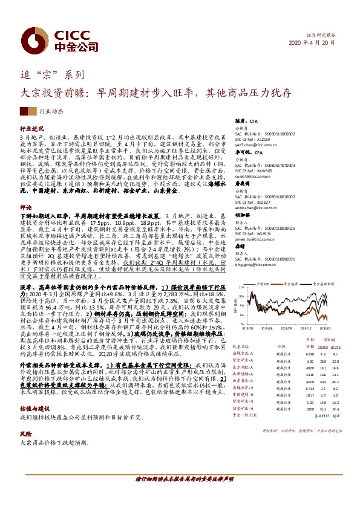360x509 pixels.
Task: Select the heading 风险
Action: tap(25, 417)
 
